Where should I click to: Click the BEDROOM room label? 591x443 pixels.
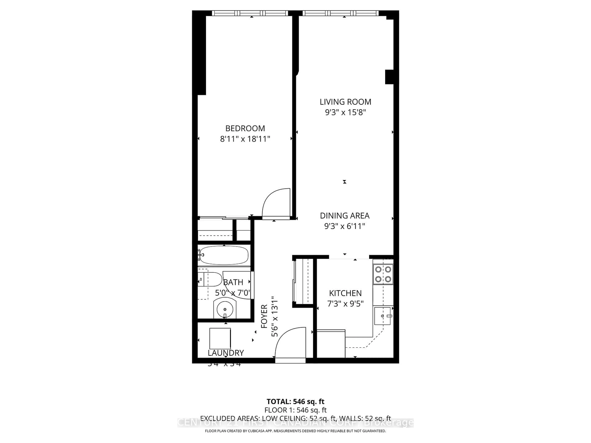(x=245, y=128)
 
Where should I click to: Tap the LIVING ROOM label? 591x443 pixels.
(x=345, y=102)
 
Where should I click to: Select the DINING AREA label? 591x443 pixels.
(x=345, y=216)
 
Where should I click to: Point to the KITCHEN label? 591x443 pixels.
(x=345, y=293)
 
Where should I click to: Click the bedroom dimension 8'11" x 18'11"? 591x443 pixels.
(x=245, y=139)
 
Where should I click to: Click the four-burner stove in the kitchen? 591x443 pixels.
(x=383, y=274)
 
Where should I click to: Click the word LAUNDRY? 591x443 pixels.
(x=226, y=353)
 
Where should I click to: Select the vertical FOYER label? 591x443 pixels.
(x=264, y=316)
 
